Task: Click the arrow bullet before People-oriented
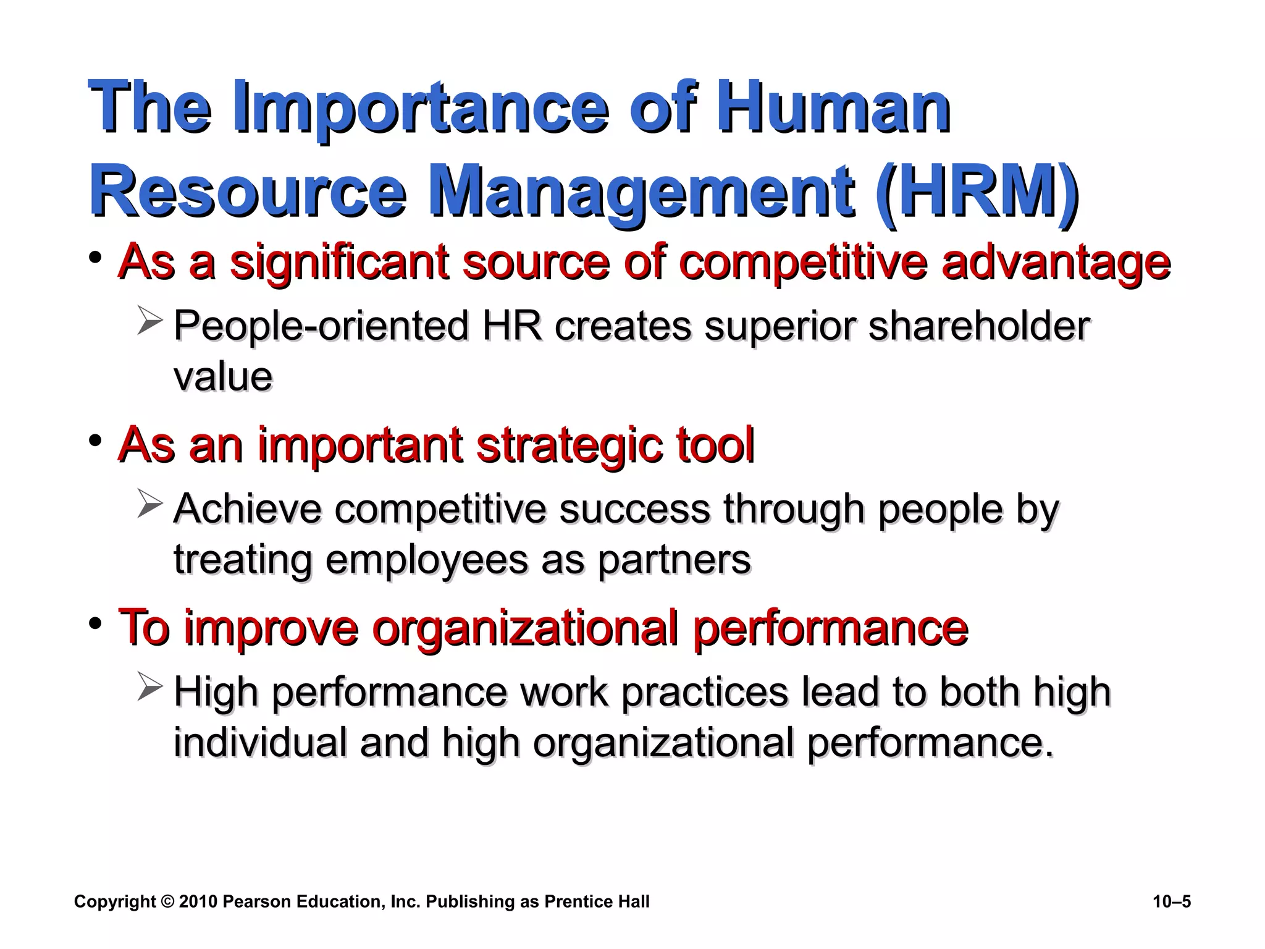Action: pyautogui.click(x=149, y=322)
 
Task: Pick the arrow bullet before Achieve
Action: pyautogui.click(x=149, y=504)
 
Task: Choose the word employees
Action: pyautogui.click(x=427, y=561)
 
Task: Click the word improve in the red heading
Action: pyautogui.click(x=271, y=630)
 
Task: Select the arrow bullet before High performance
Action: pyautogui.click(x=149, y=687)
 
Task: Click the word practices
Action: pyautogui.click(x=705, y=692)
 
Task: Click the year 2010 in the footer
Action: pyautogui.click(x=198, y=902)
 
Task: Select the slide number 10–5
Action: pyautogui.click(x=1171, y=902)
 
